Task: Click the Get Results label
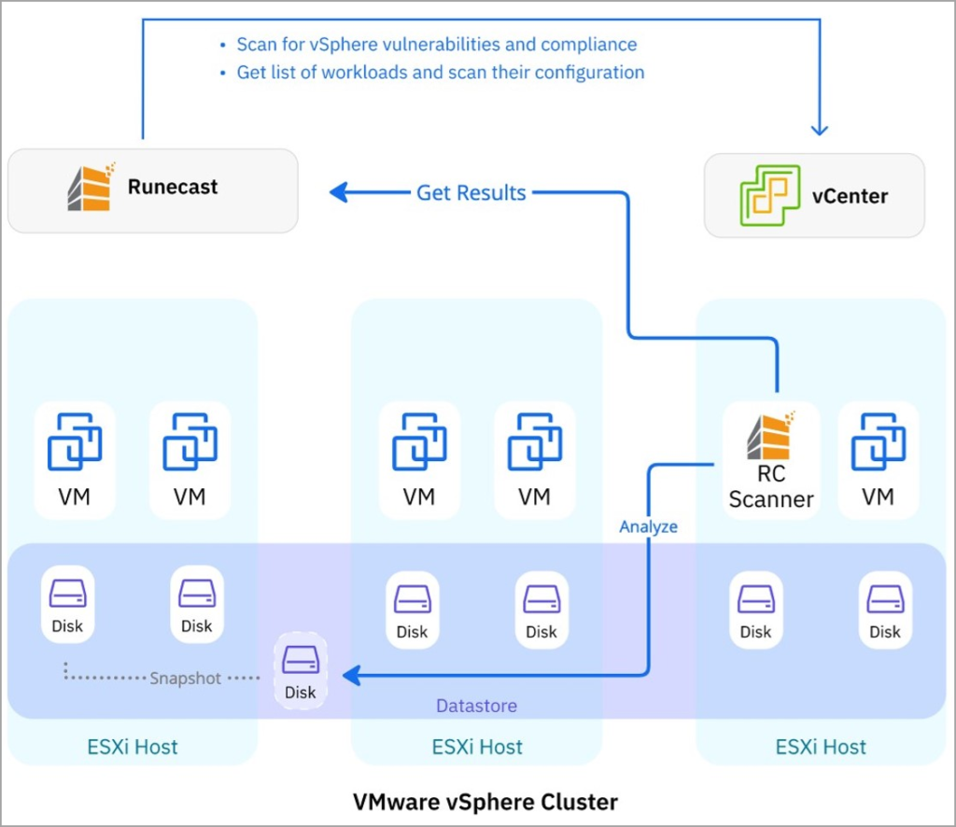coord(471,192)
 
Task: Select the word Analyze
coord(649,526)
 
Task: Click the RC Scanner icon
coord(771,437)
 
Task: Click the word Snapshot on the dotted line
coord(186,679)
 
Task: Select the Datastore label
coord(476,706)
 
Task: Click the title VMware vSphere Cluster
coord(485,801)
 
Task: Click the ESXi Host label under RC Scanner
coord(821,747)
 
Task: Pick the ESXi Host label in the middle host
coord(477,747)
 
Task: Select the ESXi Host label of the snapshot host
coord(133,747)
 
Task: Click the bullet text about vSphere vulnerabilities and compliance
coord(436,44)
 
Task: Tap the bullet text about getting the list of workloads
coord(440,72)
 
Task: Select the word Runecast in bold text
coord(173,187)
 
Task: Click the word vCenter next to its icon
coord(850,196)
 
